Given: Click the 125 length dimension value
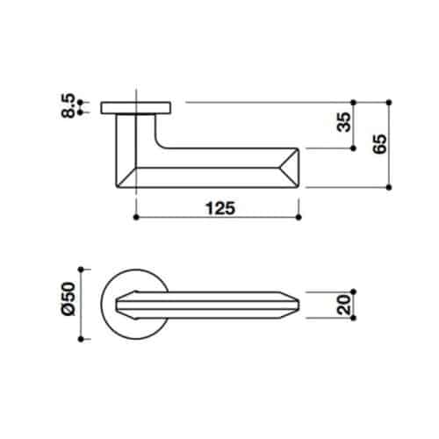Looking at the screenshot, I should (x=219, y=208).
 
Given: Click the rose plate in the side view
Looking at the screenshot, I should (x=136, y=107).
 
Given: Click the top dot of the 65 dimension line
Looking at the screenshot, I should (x=389, y=102).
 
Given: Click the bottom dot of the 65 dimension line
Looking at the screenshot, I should (x=389, y=187).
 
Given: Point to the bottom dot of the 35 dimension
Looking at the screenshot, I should (x=353, y=148).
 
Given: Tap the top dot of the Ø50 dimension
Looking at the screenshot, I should (x=81, y=268).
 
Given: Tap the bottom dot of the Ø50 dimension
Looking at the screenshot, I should (x=81, y=338).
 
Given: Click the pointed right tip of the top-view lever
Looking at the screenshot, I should (x=300, y=303).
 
